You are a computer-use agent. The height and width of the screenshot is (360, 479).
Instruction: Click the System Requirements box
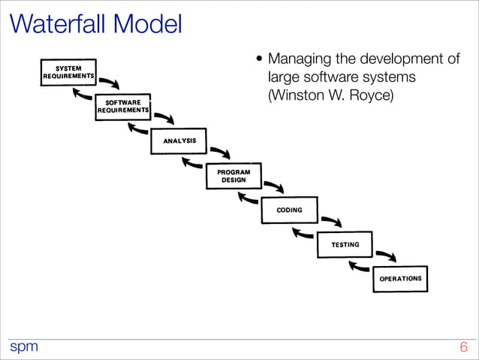point(68,71)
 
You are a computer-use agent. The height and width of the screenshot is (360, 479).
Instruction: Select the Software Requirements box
point(123,106)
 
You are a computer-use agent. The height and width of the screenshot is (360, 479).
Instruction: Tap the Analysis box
point(179,141)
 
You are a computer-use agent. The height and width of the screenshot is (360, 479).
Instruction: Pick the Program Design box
point(233,176)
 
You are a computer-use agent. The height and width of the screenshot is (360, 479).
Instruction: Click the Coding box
point(289,210)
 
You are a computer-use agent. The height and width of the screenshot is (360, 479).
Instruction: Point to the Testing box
point(345,244)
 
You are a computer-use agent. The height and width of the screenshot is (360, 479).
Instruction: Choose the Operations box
point(399,278)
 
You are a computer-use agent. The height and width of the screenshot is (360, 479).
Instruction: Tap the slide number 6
point(463,347)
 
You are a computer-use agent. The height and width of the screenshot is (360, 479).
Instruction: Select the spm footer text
point(23,347)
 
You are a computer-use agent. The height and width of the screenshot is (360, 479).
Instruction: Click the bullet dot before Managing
point(260,60)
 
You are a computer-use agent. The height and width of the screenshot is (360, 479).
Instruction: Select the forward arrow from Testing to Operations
point(386,256)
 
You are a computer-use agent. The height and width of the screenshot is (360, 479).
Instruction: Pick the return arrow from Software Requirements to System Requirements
point(82,94)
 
